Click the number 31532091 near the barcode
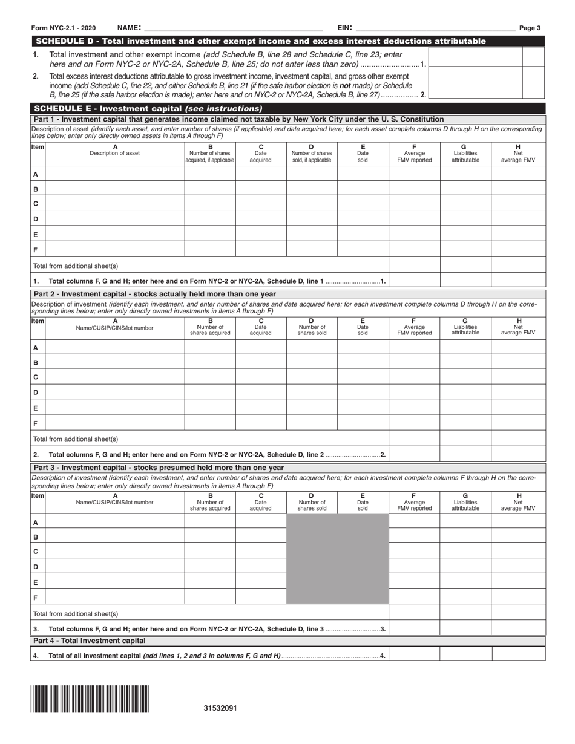[220, 708]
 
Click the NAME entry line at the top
[233, 28]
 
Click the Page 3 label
[530, 28]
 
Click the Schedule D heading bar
[260, 41]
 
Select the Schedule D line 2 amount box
[475, 85]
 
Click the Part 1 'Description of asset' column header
[115, 150]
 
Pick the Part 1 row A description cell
[115, 174]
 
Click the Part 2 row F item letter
[36, 423]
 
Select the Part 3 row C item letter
[36, 552]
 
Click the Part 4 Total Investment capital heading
[90, 641]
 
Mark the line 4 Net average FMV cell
[519, 654]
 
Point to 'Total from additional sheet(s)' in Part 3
[76, 613]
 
